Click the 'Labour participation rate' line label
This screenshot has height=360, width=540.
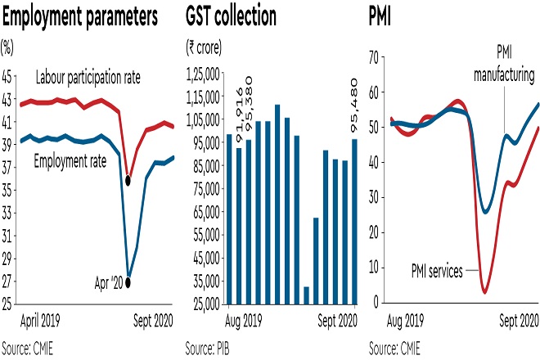pyautogui.click(x=88, y=78)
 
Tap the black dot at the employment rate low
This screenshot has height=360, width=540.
pyautogui.click(x=128, y=282)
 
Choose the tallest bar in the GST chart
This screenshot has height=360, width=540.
pyautogui.click(x=277, y=205)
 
